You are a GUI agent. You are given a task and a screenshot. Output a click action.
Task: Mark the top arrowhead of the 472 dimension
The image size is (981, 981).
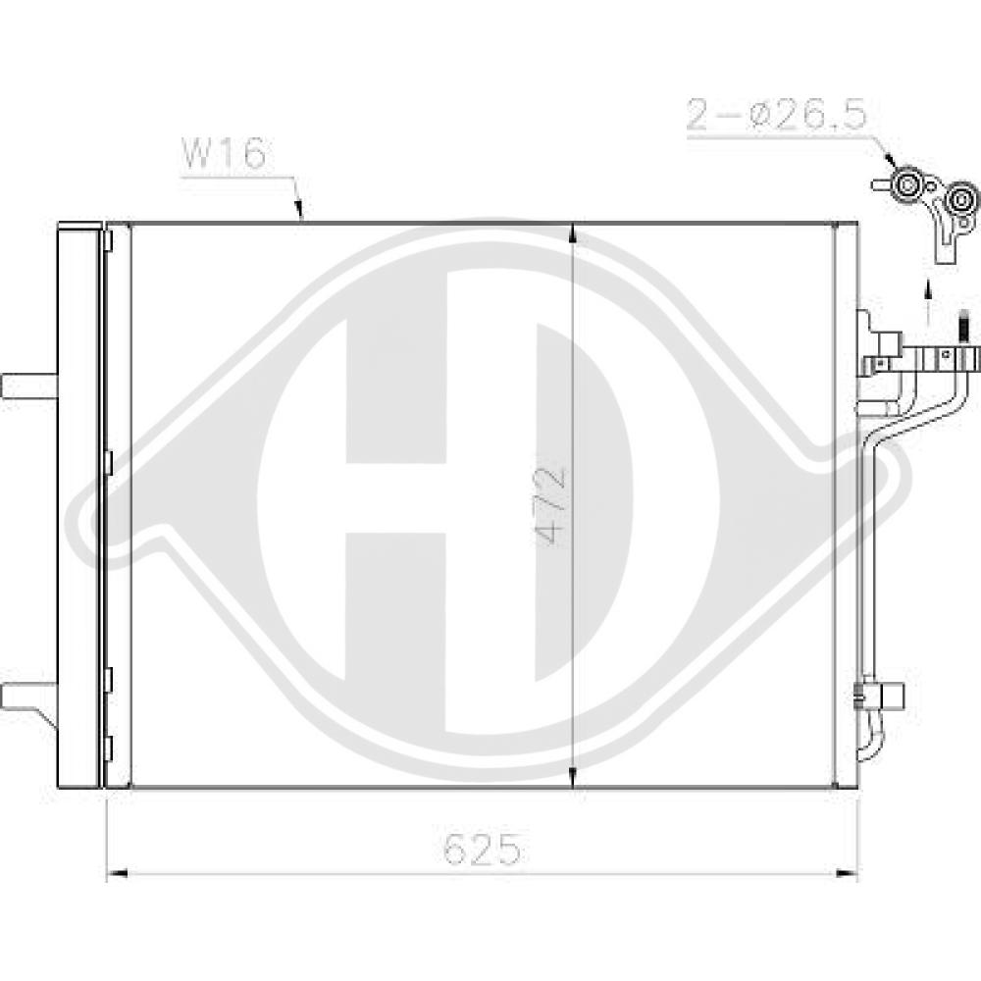coord(572,232)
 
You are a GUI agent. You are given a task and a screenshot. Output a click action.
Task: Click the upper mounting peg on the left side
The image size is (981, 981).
coord(27,386)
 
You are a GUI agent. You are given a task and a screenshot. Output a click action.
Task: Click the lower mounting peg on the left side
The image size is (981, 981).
coord(27,697)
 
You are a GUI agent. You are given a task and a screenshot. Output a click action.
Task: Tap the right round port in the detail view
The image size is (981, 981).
coord(960,203)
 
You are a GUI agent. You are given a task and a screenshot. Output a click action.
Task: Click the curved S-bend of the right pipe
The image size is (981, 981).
coord(878,432)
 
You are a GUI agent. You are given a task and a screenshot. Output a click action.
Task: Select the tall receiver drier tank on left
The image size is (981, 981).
coord(79,505)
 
